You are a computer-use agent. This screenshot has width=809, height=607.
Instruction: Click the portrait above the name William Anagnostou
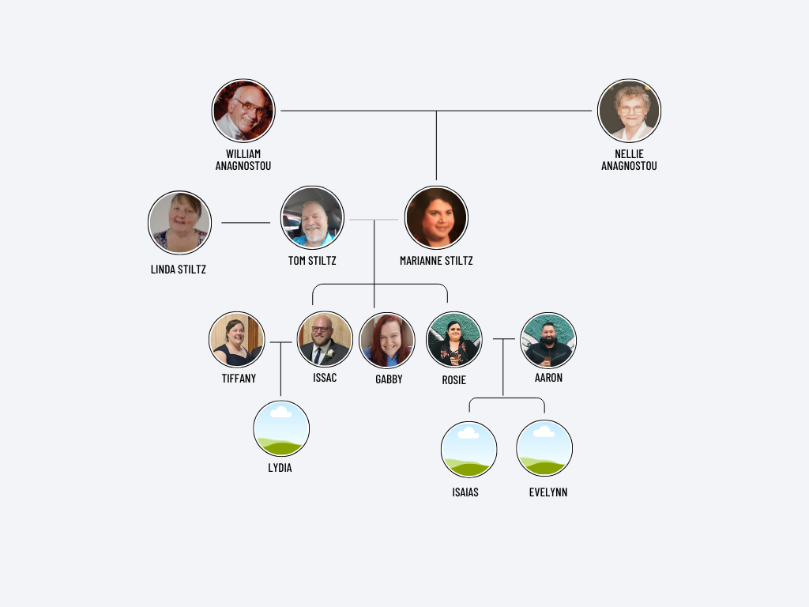click(x=243, y=111)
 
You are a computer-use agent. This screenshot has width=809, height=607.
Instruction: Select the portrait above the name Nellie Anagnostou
click(x=629, y=111)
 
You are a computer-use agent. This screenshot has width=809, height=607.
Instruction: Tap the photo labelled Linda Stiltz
click(x=179, y=222)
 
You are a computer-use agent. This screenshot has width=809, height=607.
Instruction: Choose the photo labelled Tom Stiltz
click(x=312, y=218)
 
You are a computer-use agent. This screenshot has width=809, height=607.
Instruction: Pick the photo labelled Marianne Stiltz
click(x=436, y=217)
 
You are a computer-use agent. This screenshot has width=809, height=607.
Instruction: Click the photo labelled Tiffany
click(x=237, y=339)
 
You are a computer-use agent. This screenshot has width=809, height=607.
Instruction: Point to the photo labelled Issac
click(x=325, y=339)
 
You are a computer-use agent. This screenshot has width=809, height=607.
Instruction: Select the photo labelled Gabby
click(x=387, y=340)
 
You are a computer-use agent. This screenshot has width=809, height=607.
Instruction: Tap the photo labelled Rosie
click(x=454, y=340)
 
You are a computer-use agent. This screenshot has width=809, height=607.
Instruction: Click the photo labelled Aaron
click(x=548, y=340)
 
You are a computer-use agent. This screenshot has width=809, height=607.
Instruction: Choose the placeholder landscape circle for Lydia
click(x=281, y=428)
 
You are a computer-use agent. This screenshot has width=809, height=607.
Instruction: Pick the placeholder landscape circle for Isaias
click(x=468, y=450)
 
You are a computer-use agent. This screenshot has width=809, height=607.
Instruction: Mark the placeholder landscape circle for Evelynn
click(x=544, y=448)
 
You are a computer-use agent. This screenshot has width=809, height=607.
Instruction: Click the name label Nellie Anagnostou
click(x=629, y=160)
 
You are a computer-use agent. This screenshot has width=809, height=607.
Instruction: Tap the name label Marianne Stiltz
click(x=436, y=261)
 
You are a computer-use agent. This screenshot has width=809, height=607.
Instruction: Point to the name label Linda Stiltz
click(x=179, y=270)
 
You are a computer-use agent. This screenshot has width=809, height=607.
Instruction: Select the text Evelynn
click(x=548, y=492)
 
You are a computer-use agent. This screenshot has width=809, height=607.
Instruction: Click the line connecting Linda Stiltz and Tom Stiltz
click(x=246, y=223)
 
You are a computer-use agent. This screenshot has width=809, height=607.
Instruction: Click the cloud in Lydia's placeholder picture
click(x=280, y=412)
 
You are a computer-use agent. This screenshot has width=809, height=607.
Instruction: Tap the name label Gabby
click(x=389, y=379)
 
